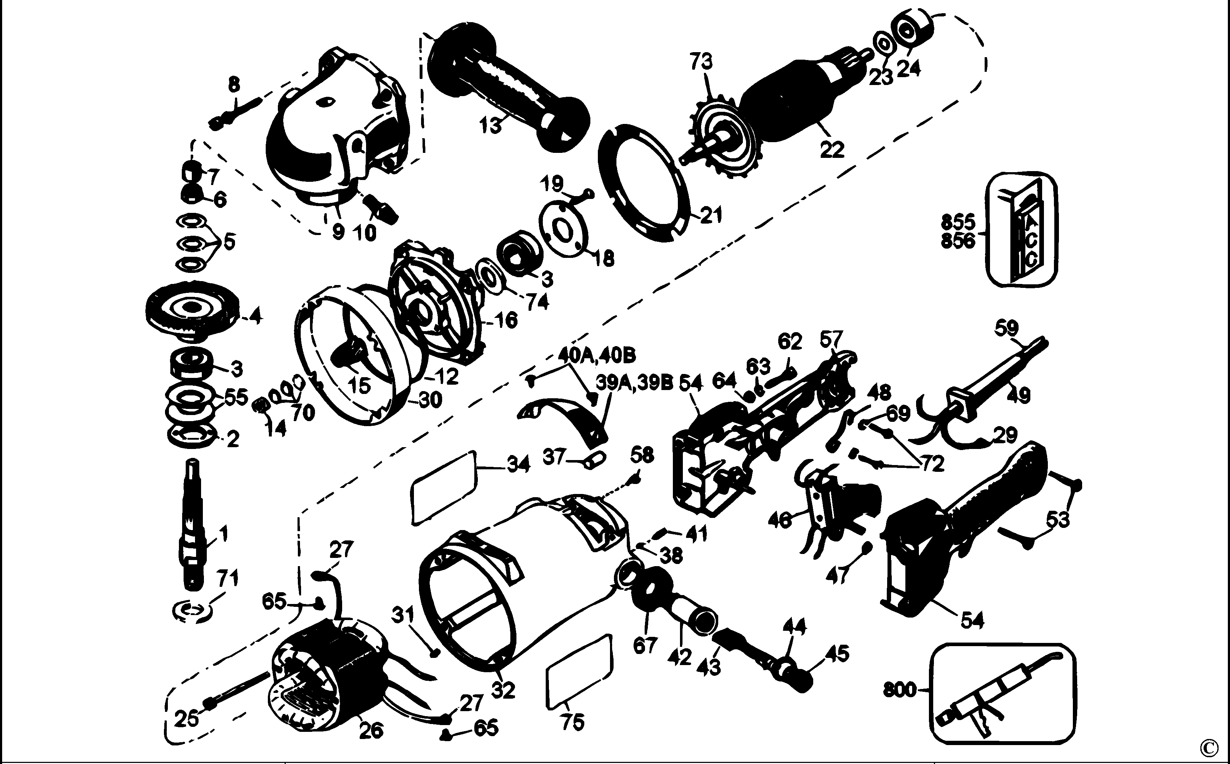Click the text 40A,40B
597,356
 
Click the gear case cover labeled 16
434,303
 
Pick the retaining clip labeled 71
192,610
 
